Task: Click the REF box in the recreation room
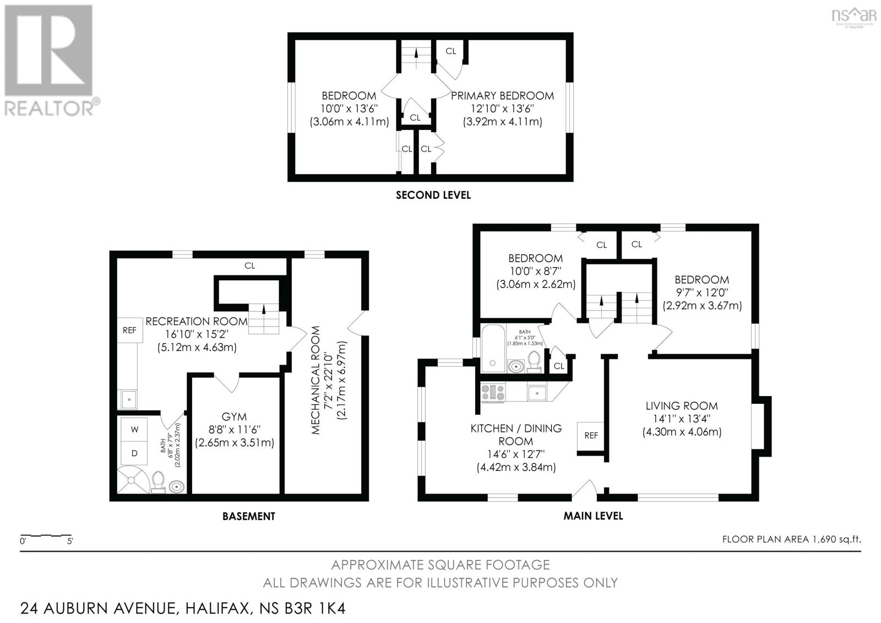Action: [x=129, y=331]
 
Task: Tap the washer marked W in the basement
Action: [x=134, y=429]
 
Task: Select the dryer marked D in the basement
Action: [x=134, y=453]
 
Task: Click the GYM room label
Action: [x=234, y=417]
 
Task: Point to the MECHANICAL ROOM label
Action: [x=315, y=380]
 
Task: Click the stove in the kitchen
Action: [x=493, y=392]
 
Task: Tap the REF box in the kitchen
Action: [x=591, y=436]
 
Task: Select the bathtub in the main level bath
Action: [x=492, y=348]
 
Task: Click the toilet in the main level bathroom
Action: [x=534, y=361]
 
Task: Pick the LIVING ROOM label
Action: [x=682, y=406]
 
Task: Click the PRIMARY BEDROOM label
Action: [x=502, y=96]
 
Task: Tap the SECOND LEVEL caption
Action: [x=433, y=195]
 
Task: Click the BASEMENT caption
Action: [x=248, y=516]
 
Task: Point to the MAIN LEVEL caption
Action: [x=593, y=516]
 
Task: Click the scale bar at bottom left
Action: [x=46, y=535]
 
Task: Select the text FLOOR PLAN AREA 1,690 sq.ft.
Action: [x=791, y=539]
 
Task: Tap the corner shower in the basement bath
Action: [x=132, y=479]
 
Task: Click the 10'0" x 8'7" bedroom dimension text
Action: [x=535, y=271]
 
